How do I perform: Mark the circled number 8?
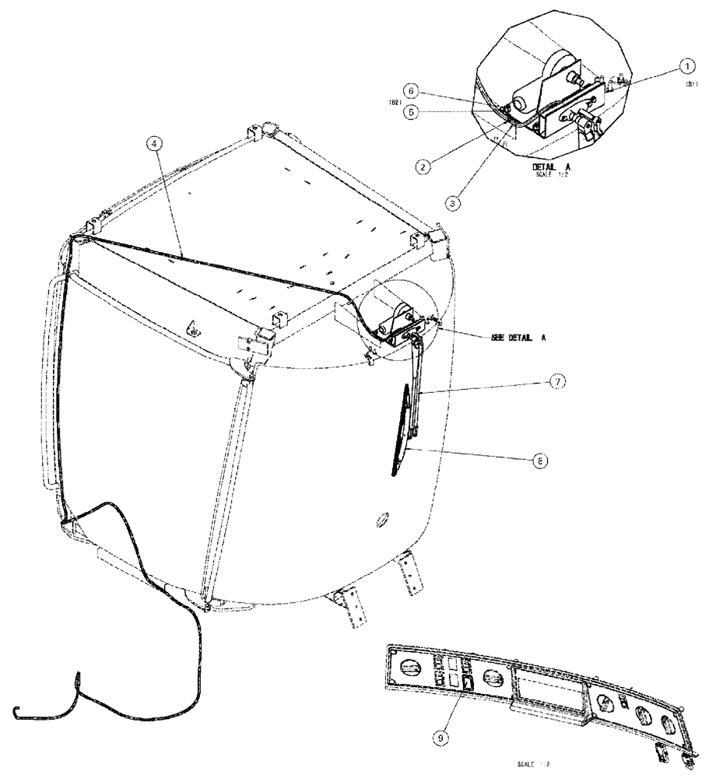pos(537,460)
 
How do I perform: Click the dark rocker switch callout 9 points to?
pos(469,683)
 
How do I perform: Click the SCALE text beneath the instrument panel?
pos(533,766)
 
